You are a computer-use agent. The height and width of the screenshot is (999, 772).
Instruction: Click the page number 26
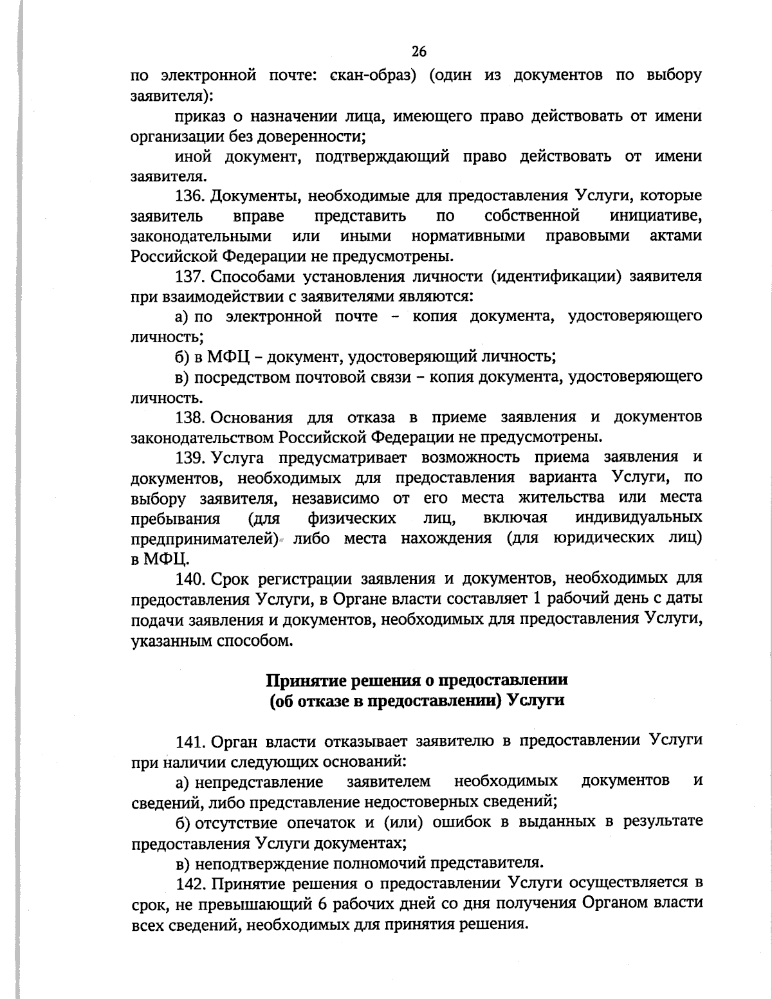tap(419, 52)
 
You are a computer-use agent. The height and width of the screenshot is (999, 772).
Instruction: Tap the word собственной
tap(532, 215)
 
